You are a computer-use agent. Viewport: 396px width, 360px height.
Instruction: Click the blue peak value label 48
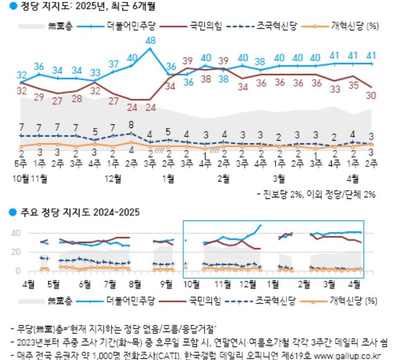pos(150,41)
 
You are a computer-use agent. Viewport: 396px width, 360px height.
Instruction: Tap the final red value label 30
pos(372,95)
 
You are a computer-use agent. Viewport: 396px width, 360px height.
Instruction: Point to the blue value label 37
pos(113,64)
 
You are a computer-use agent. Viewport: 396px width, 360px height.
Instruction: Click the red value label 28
pos(76,99)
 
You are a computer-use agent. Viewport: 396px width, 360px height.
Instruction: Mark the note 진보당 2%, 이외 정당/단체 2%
pos(320,194)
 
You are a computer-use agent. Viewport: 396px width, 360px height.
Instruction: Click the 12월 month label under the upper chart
pos(113,179)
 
